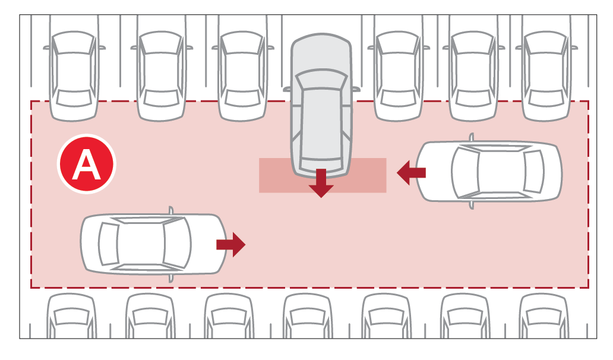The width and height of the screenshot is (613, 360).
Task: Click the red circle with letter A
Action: click(86, 164)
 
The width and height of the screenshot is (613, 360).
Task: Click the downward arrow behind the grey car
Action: click(321, 183)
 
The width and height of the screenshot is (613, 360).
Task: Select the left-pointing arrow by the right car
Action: click(411, 172)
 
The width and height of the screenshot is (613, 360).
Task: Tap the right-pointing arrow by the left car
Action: click(230, 245)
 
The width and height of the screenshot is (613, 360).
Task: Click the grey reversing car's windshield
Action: click(321, 80)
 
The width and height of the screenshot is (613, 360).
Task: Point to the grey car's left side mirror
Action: click(287, 90)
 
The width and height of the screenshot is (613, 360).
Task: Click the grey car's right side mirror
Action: click(356, 89)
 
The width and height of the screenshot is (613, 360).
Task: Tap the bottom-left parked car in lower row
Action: click(71, 316)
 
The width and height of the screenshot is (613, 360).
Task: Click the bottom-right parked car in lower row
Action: click(544, 316)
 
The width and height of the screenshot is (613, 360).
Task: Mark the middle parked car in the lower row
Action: click(308, 316)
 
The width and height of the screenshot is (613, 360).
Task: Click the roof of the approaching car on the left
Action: click(141, 244)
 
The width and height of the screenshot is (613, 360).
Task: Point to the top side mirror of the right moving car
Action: click(472, 137)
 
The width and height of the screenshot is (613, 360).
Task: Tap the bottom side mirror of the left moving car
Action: click(170, 278)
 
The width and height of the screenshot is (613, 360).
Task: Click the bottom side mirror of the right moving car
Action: click(472, 205)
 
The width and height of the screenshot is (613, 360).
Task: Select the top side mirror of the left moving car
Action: click(170, 210)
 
